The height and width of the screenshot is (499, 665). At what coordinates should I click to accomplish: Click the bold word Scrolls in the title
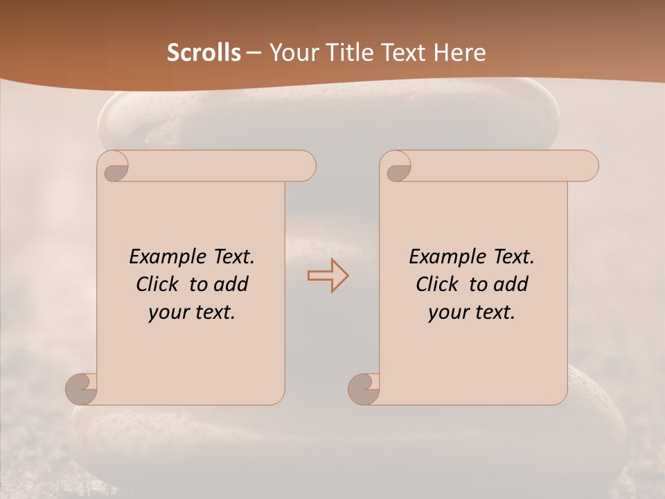(204, 53)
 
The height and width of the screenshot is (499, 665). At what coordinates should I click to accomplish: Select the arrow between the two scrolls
(328, 276)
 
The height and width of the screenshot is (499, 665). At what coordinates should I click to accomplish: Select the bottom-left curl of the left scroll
(82, 388)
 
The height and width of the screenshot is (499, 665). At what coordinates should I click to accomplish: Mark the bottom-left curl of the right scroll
(364, 388)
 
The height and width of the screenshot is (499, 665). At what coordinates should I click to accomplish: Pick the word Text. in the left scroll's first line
(231, 256)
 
